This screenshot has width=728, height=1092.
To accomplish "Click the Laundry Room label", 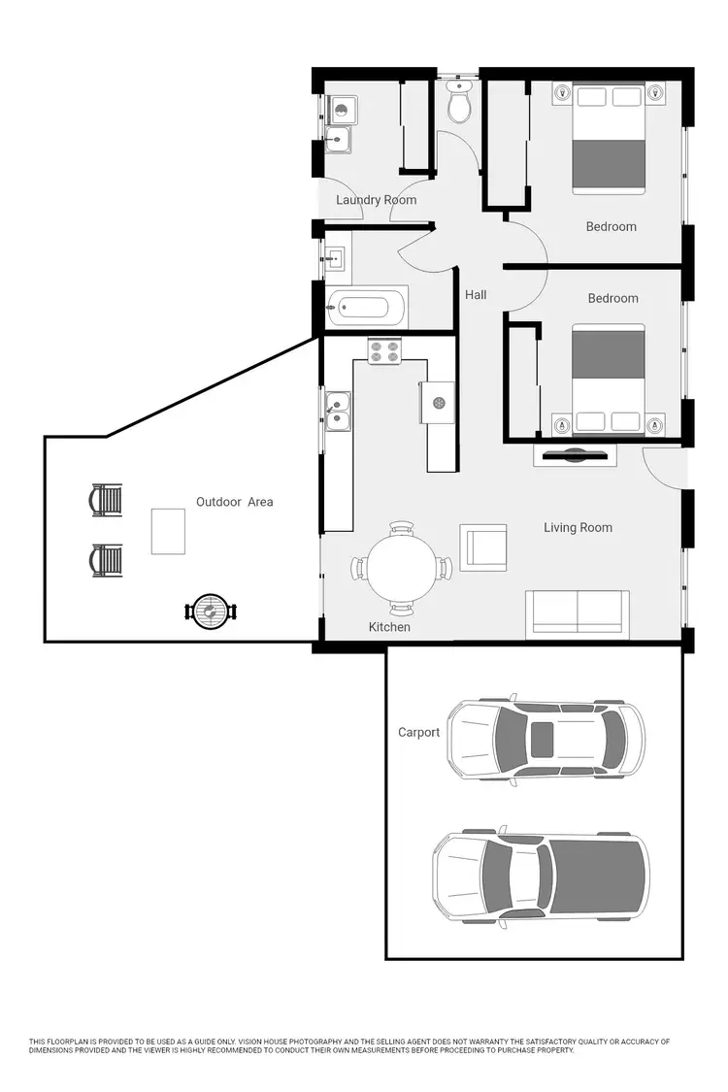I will tap(376, 200).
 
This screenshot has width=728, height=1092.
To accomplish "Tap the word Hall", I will tap(476, 295).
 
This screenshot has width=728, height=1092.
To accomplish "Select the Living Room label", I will tap(578, 528).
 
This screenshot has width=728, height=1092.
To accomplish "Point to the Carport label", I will tap(418, 733).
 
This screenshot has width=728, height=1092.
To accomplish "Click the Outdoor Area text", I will tap(234, 502).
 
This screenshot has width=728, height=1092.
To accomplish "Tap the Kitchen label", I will tap(389, 627).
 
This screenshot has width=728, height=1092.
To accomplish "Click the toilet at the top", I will tap(459, 103).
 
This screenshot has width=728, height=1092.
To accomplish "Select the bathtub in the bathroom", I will tap(358, 309).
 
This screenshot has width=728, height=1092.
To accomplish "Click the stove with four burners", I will tap(384, 350).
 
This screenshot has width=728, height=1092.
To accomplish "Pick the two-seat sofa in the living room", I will tap(577, 614).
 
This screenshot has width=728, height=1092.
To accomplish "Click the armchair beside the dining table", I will tap(482, 547).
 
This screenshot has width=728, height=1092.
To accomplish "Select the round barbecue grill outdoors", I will tap(210, 611).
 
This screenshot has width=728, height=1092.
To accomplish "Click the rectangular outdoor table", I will tap(168, 532).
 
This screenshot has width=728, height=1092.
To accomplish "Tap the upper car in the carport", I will tap(550, 740).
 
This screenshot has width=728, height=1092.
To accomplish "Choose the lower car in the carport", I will tap(541, 877).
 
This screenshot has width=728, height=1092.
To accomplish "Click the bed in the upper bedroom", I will tap(609, 137).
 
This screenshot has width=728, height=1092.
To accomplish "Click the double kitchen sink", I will tap(338, 411).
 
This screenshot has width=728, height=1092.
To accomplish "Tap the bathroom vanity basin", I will tap(336, 258).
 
